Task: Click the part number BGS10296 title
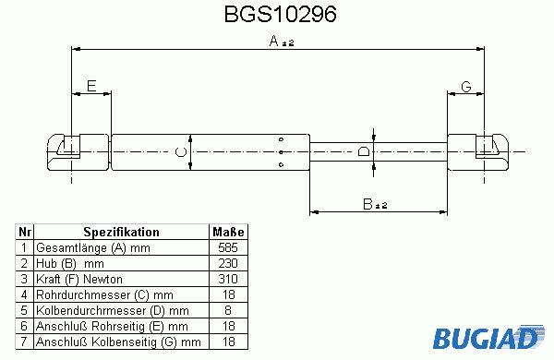click(280, 15)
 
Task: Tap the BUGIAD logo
click(488, 337)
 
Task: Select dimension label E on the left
click(91, 86)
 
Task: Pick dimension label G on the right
click(466, 86)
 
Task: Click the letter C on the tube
click(181, 152)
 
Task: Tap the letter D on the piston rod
click(364, 151)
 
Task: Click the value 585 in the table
click(228, 247)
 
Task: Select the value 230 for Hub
click(228, 263)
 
